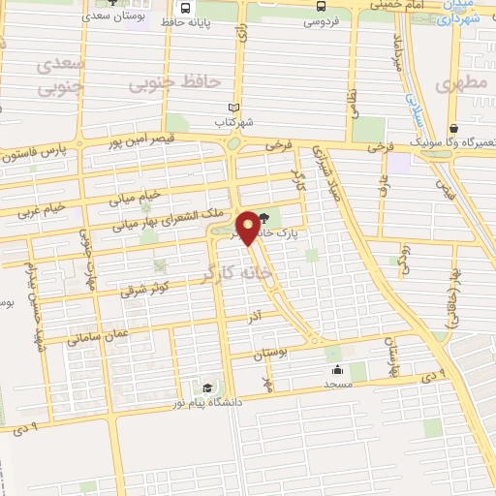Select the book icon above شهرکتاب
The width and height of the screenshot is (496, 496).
[232, 108]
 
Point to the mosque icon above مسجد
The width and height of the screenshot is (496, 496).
[336, 369]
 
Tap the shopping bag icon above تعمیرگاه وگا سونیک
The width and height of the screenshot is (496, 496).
[453, 128]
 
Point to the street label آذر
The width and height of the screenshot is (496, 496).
[255, 318]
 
